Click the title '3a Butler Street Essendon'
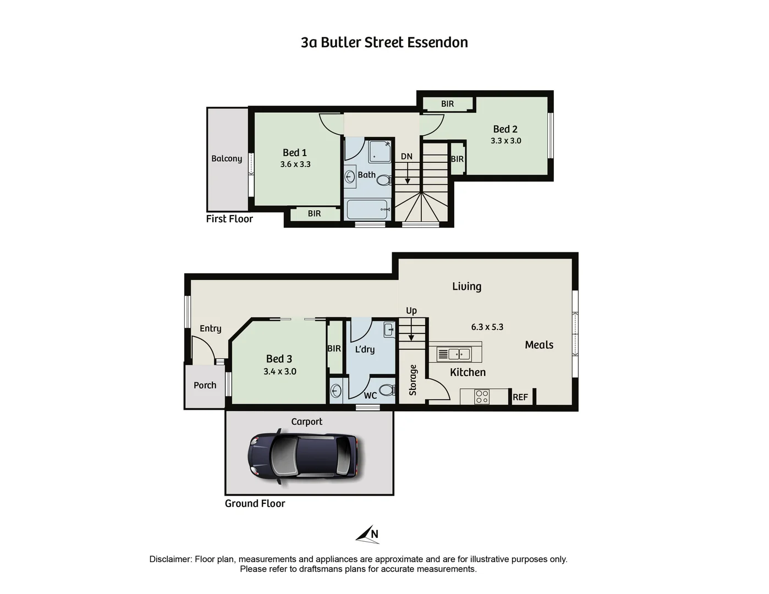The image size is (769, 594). (384, 42)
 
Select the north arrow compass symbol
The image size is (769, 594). (367, 534)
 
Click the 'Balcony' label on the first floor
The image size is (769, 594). (227, 158)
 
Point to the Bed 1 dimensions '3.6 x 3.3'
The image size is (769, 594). (295, 164)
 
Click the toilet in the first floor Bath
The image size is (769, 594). (384, 180)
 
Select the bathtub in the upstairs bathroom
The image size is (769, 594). (368, 210)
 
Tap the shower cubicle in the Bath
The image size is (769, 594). (379, 151)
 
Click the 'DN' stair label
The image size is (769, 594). (407, 156)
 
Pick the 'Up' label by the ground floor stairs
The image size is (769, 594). (411, 311)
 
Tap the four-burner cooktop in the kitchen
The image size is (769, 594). (482, 397)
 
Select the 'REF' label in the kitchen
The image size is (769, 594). (520, 397)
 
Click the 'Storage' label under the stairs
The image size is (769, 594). (413, 380)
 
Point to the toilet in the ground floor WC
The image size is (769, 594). (387, 390)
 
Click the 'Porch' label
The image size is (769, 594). (205, 386)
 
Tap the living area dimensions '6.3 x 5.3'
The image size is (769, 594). (487, 327)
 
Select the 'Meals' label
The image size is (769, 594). (539, 345)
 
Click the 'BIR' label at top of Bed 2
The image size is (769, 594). (447, 104)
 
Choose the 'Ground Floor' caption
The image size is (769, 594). (255, 503)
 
